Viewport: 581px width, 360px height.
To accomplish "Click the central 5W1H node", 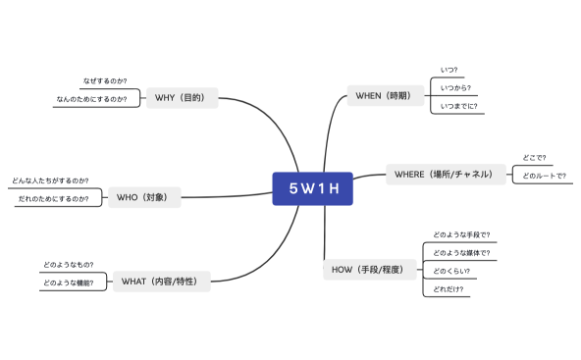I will pos(312,188).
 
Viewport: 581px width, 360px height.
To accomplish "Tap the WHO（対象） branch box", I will pos(143,197).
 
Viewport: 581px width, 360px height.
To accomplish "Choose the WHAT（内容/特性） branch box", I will pos(160,282).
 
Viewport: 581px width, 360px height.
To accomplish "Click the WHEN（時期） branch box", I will pos(387,95).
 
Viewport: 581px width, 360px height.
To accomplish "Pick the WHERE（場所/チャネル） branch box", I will pos(438,175).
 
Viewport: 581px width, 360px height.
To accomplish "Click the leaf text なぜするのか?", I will pos(104,80).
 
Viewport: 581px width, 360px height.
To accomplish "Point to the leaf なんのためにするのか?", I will pos(91,99).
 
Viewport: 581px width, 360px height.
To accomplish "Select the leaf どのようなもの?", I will pos(68,265).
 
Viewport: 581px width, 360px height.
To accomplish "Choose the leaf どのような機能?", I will pos(68,283).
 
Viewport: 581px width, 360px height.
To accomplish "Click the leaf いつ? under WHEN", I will pos(449,70).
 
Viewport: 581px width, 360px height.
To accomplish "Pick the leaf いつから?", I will pos(455,87).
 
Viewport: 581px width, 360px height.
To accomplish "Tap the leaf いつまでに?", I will pos(458,106).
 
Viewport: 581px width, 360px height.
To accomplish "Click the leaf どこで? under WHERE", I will pos(536,157).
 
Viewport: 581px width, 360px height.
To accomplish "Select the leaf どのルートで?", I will pos(545,176).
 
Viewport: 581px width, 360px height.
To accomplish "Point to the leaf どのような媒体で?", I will pos(461,253).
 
